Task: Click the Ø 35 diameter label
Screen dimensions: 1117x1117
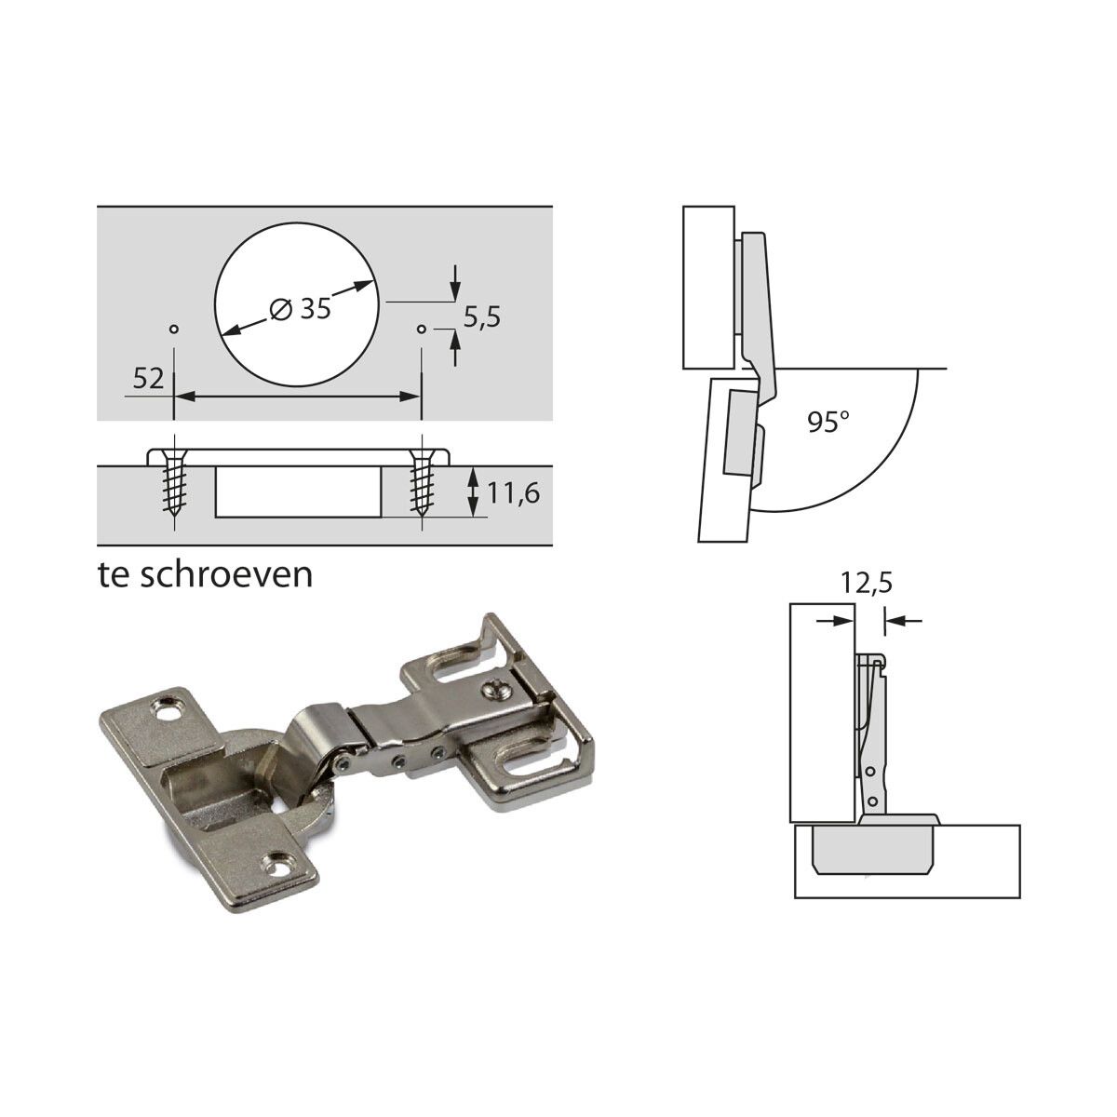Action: pos(301,310)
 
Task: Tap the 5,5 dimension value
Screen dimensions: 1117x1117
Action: pos(481,317)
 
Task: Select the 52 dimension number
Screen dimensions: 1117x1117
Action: pos(148,379)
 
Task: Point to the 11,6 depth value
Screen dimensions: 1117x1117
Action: pos(513,493)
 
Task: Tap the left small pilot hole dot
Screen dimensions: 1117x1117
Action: pos(173,330)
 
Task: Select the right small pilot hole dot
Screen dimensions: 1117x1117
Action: pos(422,330)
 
